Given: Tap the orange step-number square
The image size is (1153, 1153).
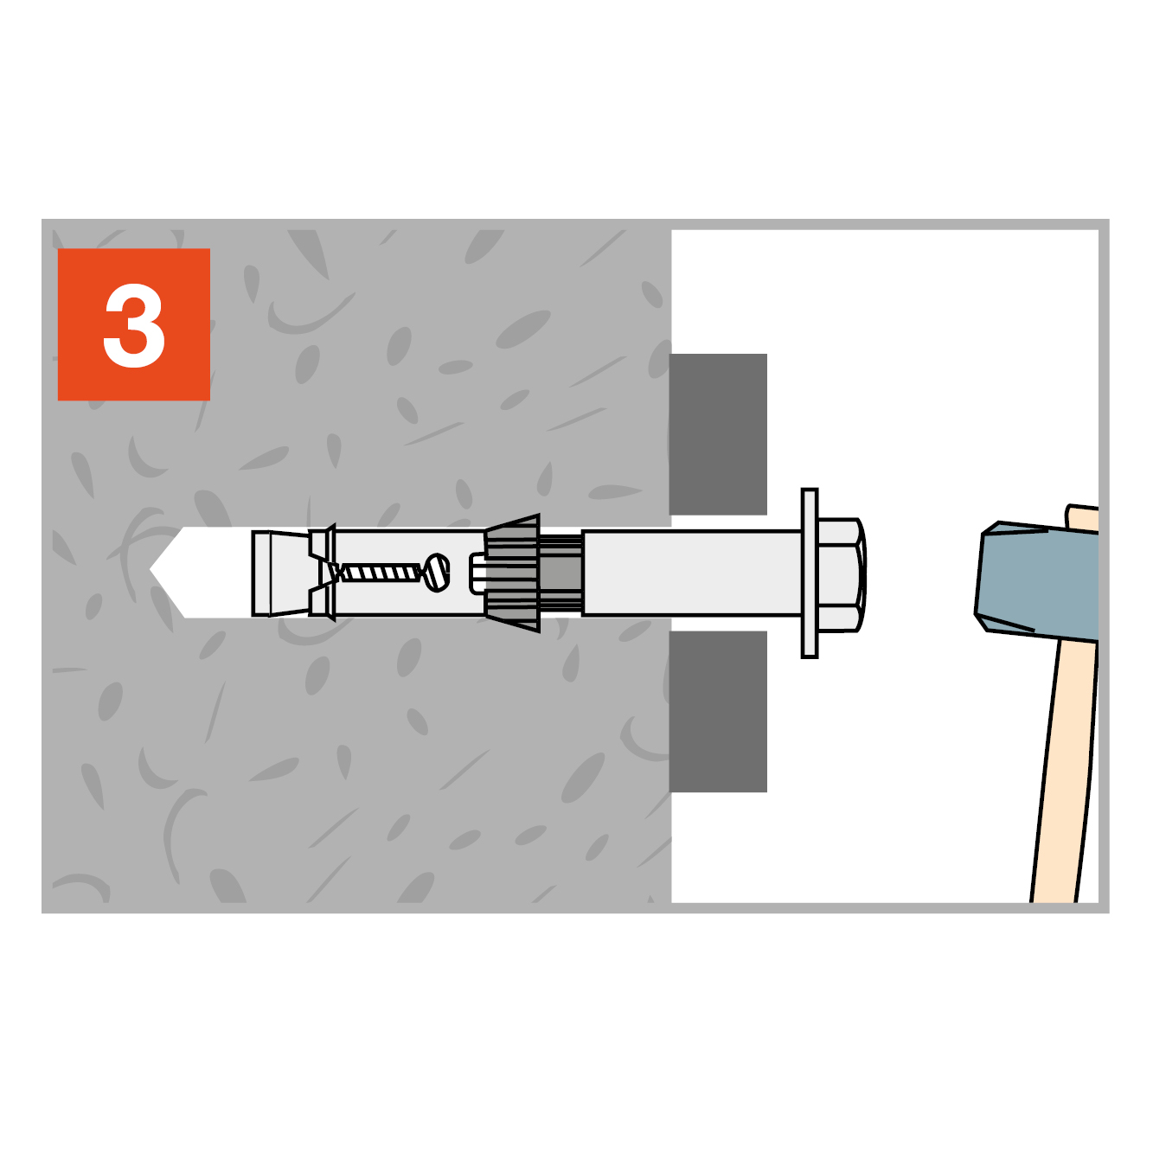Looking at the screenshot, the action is tap(133, 324).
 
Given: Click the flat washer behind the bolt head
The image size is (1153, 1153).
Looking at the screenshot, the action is tap(809, 573).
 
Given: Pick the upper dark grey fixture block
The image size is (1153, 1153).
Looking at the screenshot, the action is tap(717, 434).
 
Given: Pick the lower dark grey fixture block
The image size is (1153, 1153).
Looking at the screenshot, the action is tap(717, 711).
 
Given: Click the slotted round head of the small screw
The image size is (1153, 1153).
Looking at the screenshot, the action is tap(437, 573).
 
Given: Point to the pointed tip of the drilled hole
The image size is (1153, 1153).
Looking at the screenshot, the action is tap(151, 570).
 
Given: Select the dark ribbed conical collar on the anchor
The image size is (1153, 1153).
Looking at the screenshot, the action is tap(512, 573).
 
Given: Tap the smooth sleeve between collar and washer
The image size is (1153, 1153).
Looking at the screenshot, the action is tap(692, 573).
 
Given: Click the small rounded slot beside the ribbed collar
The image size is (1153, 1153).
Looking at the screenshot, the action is tap(477, 573).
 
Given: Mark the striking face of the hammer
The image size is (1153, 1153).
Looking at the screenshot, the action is tap(979, 573).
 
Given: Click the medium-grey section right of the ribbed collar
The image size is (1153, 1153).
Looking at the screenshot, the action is tap(560, 573).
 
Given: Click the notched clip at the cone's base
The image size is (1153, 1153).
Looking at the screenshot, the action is tap(322, 573).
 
